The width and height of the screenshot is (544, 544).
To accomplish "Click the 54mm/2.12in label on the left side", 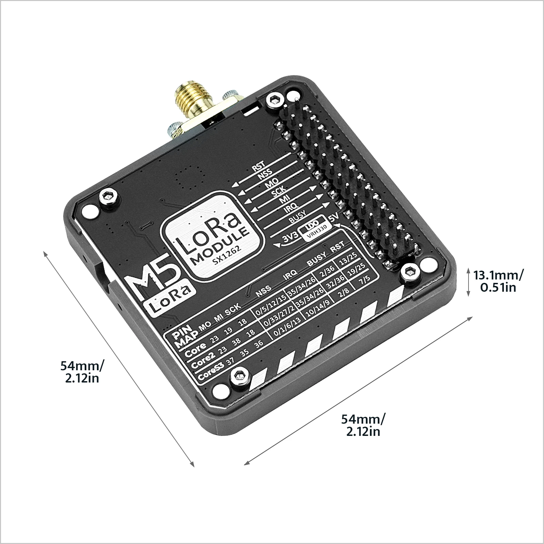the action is click(x=82, y=372).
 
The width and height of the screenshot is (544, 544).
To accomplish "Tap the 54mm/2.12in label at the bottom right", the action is click(x=363, y=425).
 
